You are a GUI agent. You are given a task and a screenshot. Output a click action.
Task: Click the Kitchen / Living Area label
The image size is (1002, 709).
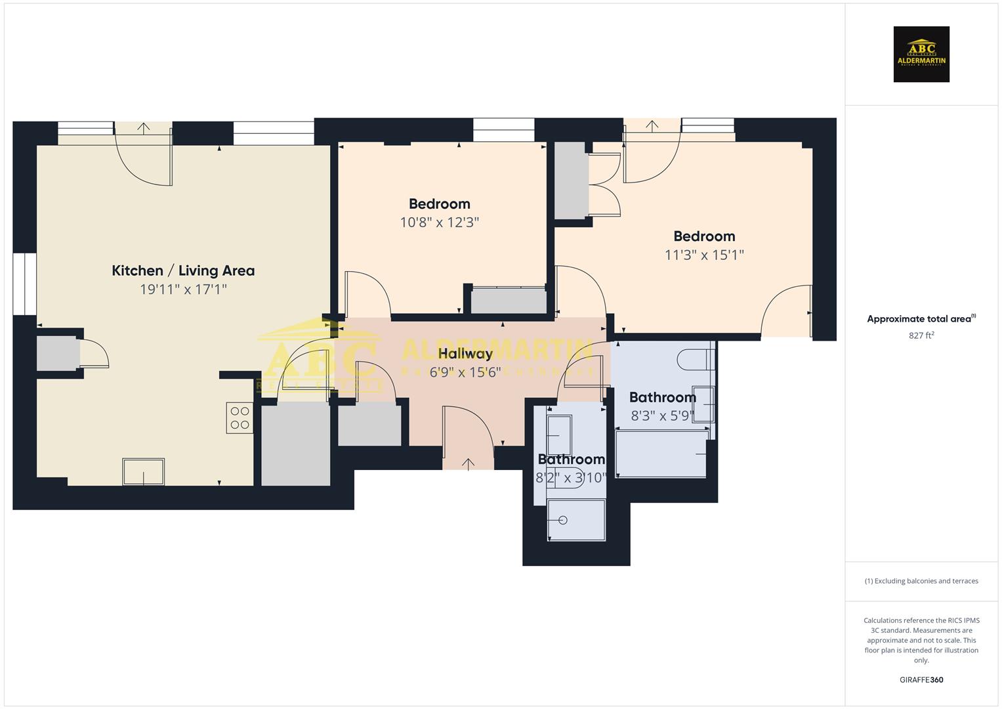pos(183,270)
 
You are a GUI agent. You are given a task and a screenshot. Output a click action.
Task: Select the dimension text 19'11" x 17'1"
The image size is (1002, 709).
pos(183,290)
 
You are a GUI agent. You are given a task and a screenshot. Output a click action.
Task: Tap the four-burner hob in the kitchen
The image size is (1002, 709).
pos(240,418)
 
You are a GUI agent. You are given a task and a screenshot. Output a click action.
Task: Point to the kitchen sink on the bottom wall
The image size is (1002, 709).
pos(143,471)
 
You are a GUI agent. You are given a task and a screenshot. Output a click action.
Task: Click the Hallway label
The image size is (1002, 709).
pos(465,354)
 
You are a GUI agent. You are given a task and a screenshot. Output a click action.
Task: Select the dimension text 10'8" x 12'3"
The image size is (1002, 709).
pos(439,223)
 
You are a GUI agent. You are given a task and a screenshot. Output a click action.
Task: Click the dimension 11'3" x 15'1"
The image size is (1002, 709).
pos(704,255)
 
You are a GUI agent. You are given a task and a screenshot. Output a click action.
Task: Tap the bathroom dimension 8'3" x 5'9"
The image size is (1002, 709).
pos(662,416)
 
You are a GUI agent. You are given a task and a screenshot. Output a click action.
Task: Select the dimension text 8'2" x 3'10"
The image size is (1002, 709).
pos(571,478)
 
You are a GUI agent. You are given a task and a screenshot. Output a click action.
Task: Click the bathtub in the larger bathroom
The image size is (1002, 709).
pos(661,454)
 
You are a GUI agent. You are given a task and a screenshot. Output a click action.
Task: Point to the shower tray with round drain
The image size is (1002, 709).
pos(576,520)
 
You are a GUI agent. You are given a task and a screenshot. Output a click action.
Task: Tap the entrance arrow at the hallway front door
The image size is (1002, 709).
pos(468,464)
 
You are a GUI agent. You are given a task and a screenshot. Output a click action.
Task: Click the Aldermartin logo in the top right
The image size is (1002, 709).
pos(921,54)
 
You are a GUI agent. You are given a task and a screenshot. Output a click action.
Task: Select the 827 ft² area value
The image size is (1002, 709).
pos(921,335)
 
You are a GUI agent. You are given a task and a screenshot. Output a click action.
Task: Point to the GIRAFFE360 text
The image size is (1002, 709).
pos(921,679)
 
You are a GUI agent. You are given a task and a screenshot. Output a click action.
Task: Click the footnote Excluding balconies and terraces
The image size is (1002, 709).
pos(921,581)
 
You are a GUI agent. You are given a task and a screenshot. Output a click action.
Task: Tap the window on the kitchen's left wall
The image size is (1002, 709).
pos(25,284)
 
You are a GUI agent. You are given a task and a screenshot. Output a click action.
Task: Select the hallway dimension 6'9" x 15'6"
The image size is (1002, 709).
pos(465,372)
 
